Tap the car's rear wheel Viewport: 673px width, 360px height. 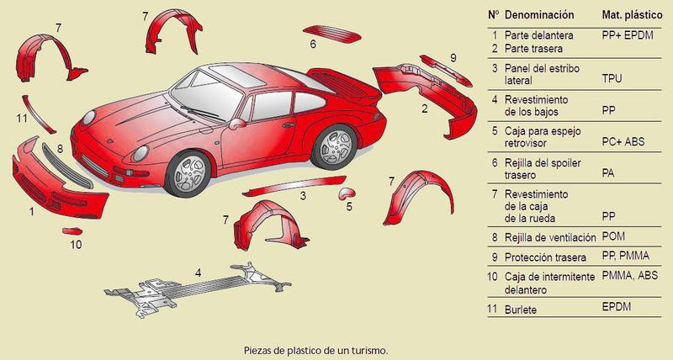[335, 146]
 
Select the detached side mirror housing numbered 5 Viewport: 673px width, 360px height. [347, 193]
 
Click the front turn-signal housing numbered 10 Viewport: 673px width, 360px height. [72, 231]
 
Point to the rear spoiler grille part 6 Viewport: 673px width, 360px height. [331, 34]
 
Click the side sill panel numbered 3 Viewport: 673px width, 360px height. [294, 185]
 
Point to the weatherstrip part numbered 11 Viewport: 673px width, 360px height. [38, 114]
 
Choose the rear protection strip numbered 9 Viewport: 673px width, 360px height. [446, 71]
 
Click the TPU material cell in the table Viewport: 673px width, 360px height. [612, 78]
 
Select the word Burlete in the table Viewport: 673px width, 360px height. [521, 310]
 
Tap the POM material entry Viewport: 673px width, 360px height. [613, 236]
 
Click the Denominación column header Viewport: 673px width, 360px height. [539, 14]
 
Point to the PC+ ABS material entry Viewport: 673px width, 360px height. [623, 141]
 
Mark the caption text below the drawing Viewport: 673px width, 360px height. [316, 350]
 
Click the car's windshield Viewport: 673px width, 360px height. [208, 95]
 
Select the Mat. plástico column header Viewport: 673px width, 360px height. [632, 15]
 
